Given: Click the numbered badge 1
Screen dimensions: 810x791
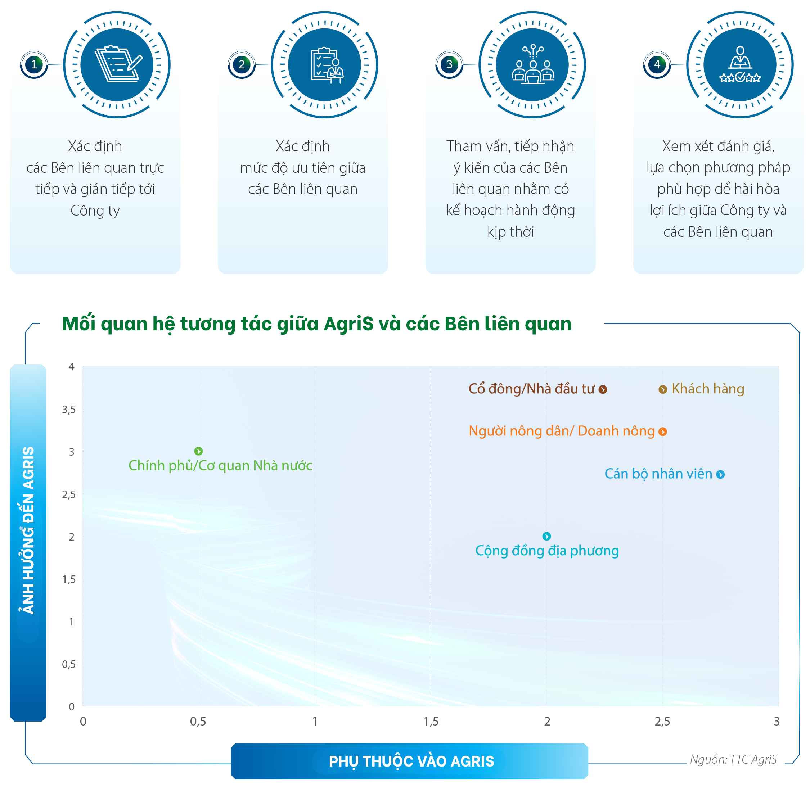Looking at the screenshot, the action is click(x=34, y=64).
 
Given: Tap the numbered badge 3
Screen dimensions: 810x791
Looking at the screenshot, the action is click(x=449, y=64).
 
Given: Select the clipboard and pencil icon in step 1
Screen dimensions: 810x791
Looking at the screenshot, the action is click(x=118, y=64).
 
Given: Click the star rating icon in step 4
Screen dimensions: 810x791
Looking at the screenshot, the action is click(x=740, y=77).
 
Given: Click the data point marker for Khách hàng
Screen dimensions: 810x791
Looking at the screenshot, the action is click(x=662, y=389).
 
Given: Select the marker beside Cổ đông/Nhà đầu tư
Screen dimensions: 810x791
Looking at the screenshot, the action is click(x=603, y=389).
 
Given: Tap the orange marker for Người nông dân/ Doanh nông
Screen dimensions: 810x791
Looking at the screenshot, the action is click(x=662, y=431).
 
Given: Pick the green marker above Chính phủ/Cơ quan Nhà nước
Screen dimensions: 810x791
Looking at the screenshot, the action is click(x=198, y=451).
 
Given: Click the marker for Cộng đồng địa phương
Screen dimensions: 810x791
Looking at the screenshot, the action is click(x=546, y=536).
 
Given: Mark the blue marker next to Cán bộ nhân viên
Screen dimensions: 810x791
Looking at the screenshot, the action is click(x=720, y=474).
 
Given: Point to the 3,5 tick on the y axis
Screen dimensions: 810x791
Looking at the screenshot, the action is click(x=69, y=410).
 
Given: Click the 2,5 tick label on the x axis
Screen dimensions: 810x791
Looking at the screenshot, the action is click(x=662, y=722).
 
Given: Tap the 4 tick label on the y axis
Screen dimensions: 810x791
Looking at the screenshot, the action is click(x=72, y=366).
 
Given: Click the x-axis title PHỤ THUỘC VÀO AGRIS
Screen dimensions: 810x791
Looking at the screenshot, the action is click(x=411, y=761).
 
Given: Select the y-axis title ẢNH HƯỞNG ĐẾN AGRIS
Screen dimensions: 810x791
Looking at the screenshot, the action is click(x=28, y=530).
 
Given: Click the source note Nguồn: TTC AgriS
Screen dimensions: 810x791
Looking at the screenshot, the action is click(x=733, y=759).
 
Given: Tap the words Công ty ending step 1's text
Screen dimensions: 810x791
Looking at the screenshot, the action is click(x=95, y=211).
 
